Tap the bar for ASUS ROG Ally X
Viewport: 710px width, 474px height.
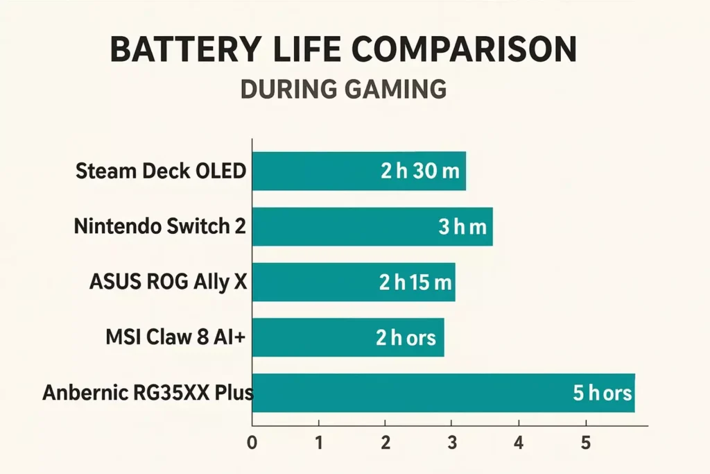point(312,282)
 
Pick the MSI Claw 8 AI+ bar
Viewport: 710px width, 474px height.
point(305,337)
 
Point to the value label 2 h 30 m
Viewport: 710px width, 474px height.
point(419,171)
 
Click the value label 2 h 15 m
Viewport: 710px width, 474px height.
point(415,282)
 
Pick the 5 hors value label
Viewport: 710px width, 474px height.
point(602,393)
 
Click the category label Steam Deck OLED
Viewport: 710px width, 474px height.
point(160,171)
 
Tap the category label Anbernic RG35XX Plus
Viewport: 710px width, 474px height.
point(148,393)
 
